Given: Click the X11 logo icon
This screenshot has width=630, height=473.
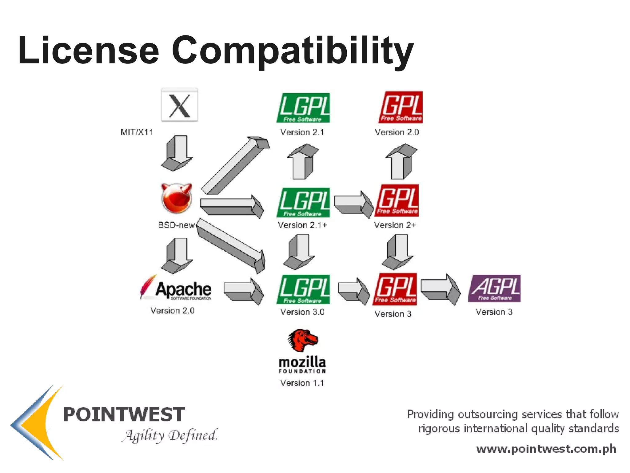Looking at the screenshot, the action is click(x=179, y=105).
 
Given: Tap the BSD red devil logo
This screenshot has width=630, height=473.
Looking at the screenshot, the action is click(x=177, y=198).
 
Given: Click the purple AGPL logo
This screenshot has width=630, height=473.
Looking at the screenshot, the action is click(x=494, y=289).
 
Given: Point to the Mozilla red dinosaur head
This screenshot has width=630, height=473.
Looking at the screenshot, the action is click(x=303, y=340).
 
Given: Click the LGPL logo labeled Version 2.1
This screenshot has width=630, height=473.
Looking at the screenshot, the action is click(x=303, y=108).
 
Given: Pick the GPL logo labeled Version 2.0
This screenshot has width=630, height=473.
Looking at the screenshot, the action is click(x=401, y=107).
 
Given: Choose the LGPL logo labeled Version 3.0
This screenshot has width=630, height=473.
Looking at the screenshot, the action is click(x=303, y=289).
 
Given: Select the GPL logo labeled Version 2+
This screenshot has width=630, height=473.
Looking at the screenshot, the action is click(x=397, y=200).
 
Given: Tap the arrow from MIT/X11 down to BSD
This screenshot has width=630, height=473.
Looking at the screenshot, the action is click(x=177, y=153).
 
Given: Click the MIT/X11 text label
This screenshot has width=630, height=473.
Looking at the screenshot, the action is click(x=137, y=132).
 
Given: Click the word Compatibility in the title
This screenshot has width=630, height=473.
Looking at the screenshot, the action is click(x=292, y=51).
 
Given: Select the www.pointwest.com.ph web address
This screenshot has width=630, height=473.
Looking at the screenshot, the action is click(x=546, y=449).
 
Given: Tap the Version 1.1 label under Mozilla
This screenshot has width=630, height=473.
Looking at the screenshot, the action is click(x=302, y=383).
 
